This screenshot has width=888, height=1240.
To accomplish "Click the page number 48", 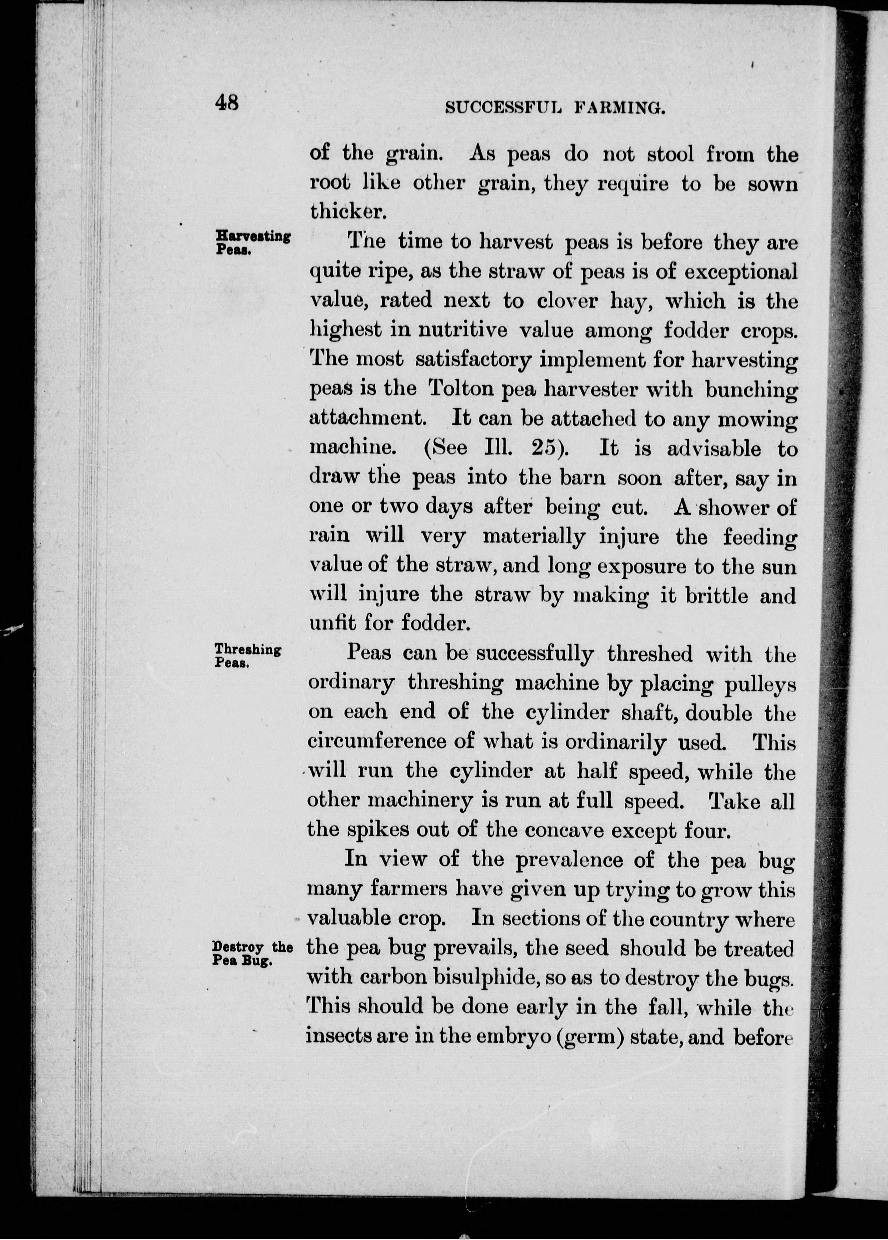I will point(227,102).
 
